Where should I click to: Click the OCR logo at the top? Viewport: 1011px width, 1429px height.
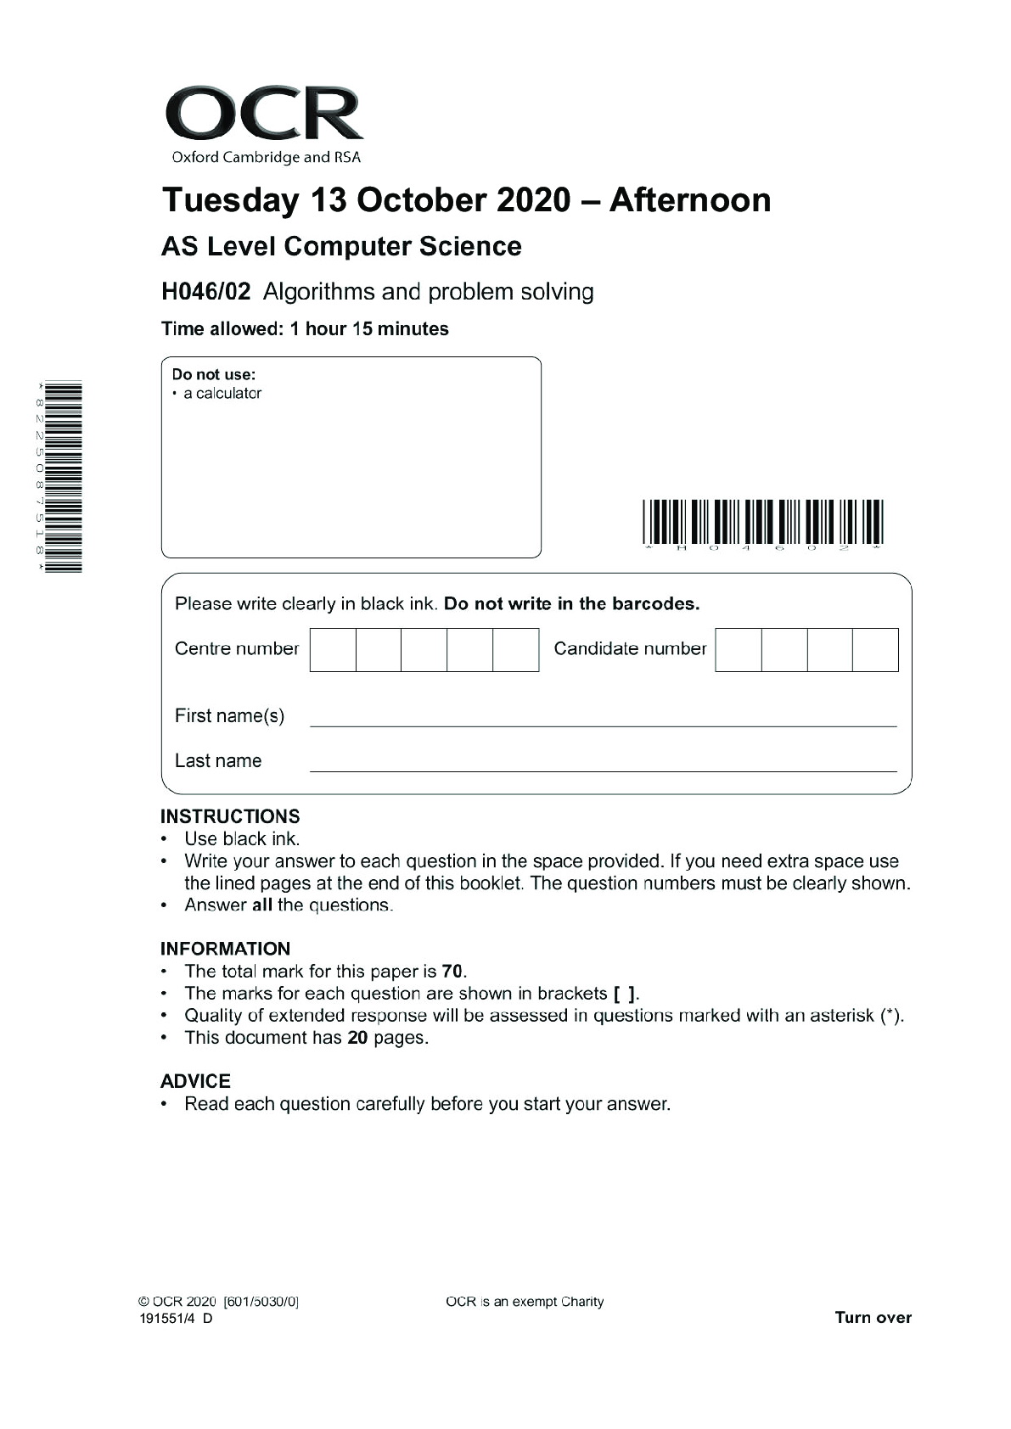(264, 123)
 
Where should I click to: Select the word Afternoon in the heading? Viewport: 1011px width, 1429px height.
(689, 200)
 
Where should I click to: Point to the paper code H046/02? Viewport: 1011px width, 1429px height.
(206, 292)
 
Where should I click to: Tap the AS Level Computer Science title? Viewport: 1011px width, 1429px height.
(341, 246)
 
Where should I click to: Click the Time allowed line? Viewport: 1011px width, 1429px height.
(305, 329)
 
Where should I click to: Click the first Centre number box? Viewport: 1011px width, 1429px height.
(333, 650)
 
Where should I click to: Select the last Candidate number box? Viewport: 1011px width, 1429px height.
(875, 650)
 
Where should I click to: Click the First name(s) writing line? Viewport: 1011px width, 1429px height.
(603, 717)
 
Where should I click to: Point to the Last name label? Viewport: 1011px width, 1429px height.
(218, 761)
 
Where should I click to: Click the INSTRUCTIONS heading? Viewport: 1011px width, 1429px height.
(230, 816)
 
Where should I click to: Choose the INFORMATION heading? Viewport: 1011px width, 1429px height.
(225, 949)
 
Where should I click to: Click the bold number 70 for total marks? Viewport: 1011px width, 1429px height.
(452, 972)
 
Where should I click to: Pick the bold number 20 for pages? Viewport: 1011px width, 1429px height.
(357, 1038)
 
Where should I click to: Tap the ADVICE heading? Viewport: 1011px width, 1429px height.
(195, 1081)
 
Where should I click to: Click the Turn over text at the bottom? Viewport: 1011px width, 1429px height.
(873, 1318)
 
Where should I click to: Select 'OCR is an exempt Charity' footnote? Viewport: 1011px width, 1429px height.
(525, 1302)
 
